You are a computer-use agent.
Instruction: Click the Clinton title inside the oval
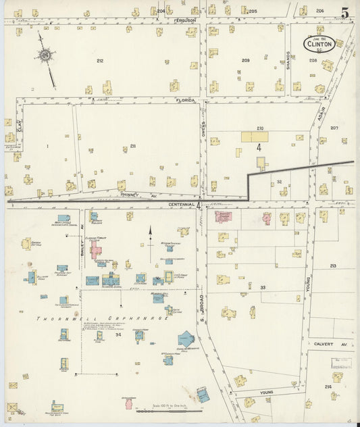[319, 45]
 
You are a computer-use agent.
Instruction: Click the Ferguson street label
[184, 20]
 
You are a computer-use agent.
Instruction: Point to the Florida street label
[186, 100]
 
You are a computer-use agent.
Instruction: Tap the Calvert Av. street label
[330, 344]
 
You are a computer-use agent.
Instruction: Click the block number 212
[100, 61]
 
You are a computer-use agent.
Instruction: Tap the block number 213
[333, 266]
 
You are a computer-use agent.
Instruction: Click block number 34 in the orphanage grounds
[118, 335]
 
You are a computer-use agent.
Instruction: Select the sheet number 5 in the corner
[345, 12]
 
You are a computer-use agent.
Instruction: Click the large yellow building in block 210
[255, 136]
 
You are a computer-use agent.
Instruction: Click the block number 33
[263, 288]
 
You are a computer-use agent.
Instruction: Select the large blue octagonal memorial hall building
[186, 339]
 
